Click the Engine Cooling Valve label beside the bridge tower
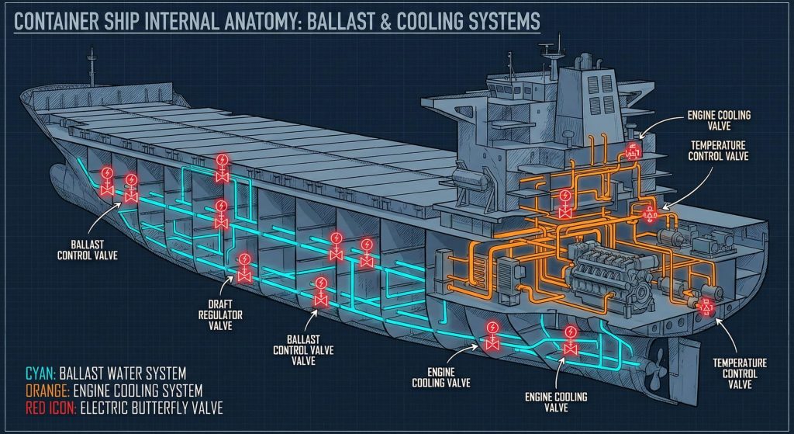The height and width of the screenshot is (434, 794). [x=718, y=120]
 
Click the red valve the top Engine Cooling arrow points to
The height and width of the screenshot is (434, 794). [x=633, y=151]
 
